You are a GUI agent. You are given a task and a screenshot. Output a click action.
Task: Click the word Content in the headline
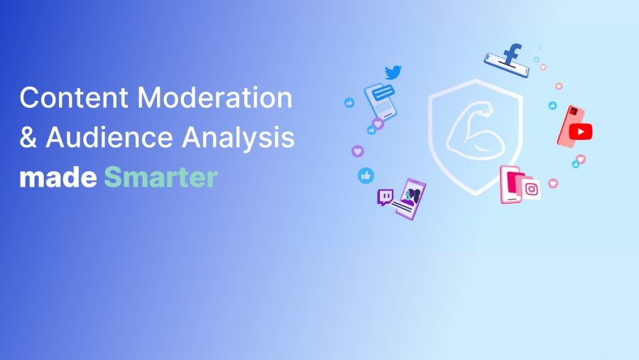coord(74,97)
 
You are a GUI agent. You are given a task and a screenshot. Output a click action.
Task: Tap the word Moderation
coord(214,97)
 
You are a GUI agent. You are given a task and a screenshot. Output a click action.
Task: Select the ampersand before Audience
coord(28,136)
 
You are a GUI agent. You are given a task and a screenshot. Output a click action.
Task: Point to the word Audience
coord(109,136)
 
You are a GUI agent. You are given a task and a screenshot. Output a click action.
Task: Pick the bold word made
coord(58,177)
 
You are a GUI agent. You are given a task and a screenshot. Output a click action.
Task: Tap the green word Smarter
coord(161,177)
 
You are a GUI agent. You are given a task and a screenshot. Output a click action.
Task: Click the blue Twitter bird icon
coord(393,72)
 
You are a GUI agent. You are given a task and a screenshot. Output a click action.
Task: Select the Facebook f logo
coord(511,54)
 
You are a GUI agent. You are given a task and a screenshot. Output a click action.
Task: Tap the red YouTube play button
coord(581,131)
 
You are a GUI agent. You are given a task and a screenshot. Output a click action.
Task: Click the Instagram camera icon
coord(531,189)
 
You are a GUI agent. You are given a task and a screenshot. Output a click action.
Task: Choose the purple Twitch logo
coord(385,197)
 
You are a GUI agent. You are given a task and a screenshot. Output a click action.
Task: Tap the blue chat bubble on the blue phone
coord(383,92)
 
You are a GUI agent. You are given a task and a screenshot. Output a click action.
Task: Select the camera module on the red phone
coord(574,111)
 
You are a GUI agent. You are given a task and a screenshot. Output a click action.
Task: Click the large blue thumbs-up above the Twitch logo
coord(366,175)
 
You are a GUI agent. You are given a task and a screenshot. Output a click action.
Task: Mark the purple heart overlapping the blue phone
coord(378,124)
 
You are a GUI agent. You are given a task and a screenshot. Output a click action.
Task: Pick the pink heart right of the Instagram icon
coord(552,183)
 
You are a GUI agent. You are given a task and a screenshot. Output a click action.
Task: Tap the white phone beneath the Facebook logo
coord(506,65)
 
